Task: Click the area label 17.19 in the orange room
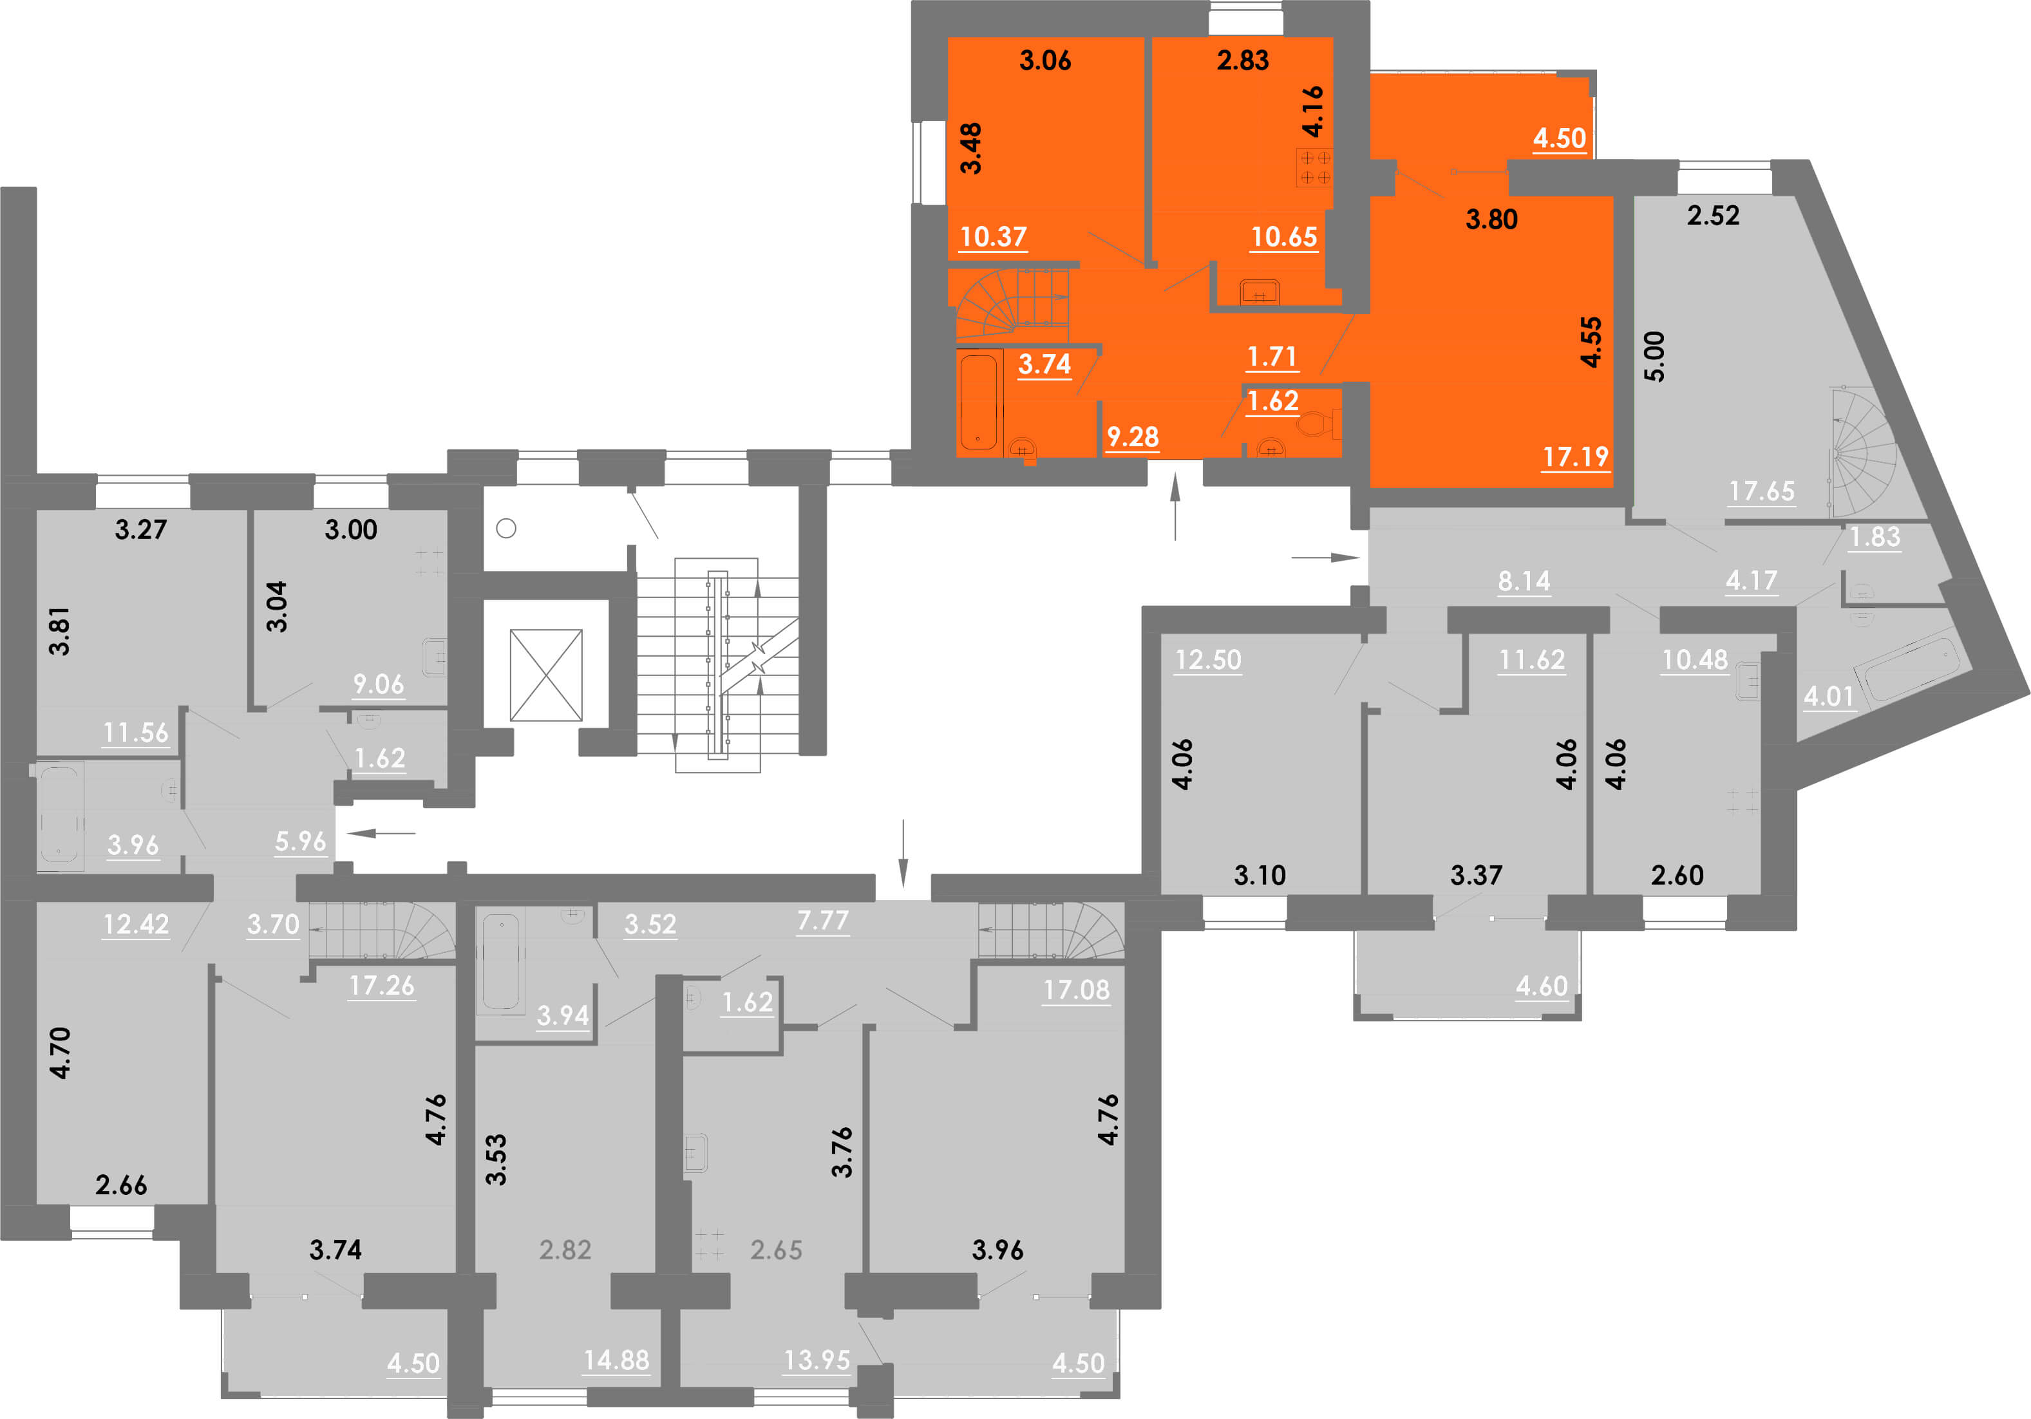pos(1576,456)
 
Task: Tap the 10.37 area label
pos(994,237)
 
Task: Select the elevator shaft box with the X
pos(546,675)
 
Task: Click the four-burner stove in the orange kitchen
pos(1314,168)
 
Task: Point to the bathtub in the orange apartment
pos(978,402)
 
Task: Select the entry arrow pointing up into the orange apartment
pos(1175,506)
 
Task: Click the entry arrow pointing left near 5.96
pos(381,832)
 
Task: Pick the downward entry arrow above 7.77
pos(903,854)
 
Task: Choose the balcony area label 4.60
pos(1542,986)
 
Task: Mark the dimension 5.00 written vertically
pos(1653,357)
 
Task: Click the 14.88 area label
pos(616,1360)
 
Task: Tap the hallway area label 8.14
pos(1524,581)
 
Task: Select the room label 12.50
pos(1208,660)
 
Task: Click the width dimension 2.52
pos(1714,216)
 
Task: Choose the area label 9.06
pos(379,684)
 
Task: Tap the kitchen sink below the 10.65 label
pos(1260,291)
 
